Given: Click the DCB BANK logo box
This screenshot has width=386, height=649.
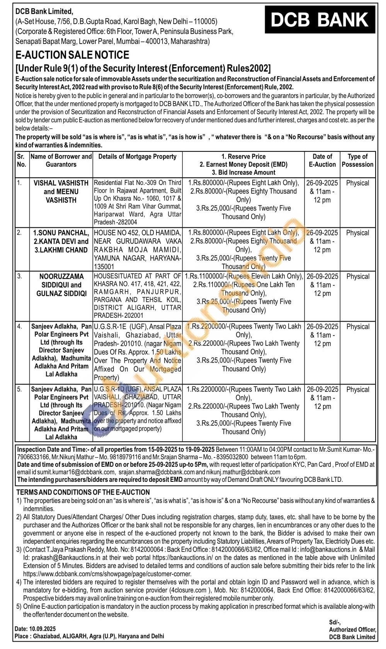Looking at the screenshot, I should coord(320,20).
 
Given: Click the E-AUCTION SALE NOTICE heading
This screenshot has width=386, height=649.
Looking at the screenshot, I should coord(72,55).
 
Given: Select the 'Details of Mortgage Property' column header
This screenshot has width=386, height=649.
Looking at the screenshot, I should coord(137,156).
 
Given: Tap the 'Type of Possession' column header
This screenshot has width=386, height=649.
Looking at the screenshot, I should coord(357,160).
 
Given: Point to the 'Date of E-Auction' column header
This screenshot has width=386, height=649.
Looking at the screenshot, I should coord(322,160).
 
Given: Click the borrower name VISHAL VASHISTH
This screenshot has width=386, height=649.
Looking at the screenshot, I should coord(61,183).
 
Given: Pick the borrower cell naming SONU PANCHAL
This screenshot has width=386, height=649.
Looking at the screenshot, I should coord(61,241).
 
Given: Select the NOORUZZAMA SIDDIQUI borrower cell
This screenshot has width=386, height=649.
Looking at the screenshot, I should coord(61,285).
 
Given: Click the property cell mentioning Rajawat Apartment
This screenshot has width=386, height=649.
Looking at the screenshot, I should coord(138,202).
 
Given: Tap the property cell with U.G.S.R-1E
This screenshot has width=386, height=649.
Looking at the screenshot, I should coord(138,352).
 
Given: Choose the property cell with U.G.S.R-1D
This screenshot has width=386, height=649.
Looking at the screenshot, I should coord(138,409).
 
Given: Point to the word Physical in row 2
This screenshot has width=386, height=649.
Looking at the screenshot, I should coord(357,233).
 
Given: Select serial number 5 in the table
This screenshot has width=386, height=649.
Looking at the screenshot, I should coord(19,389).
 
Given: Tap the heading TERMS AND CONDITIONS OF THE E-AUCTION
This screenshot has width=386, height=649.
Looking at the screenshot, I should coord(83,492).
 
